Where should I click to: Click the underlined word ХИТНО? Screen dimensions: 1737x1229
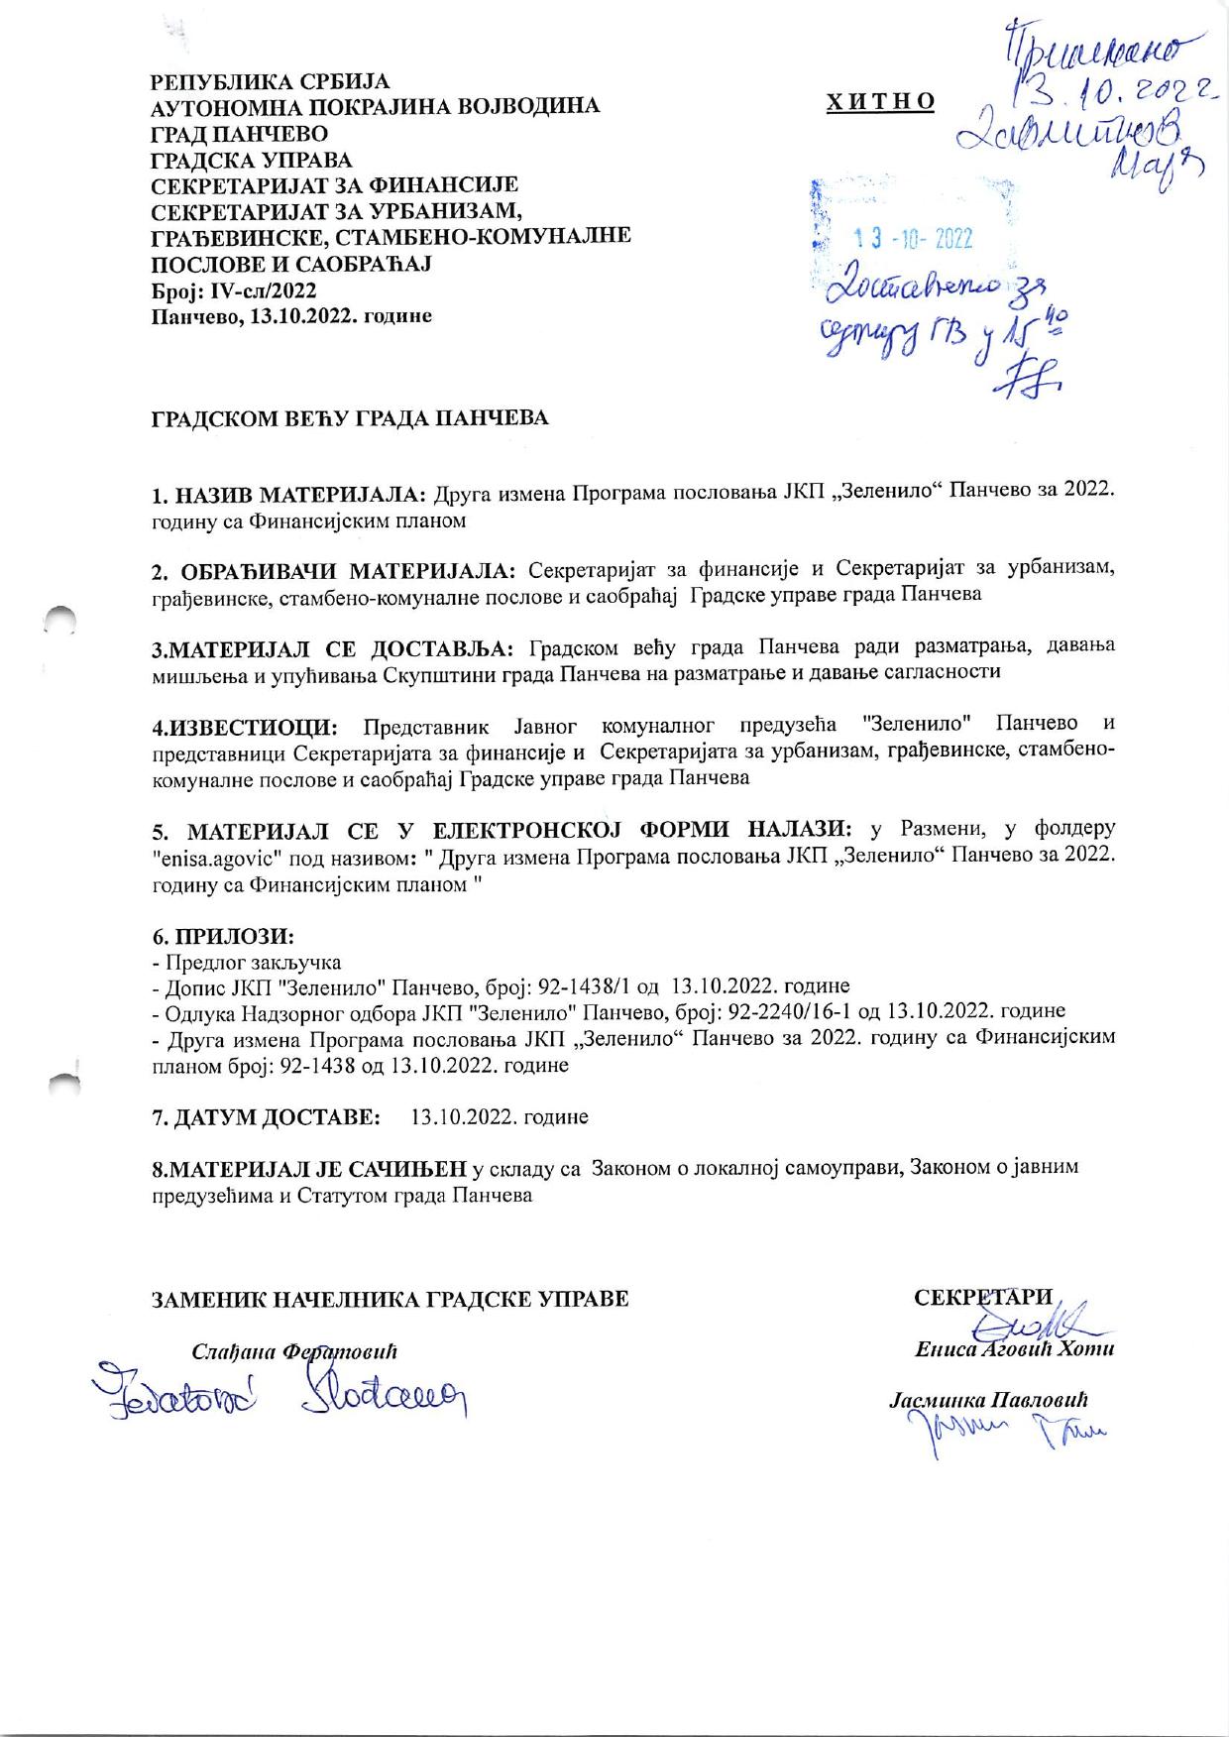point(880,102)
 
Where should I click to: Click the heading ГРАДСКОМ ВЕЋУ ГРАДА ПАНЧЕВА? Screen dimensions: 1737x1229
point(349,418)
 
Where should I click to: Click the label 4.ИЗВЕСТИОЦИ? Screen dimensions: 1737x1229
point(245,729)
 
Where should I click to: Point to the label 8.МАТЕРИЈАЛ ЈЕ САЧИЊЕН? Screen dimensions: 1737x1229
point(308,1169)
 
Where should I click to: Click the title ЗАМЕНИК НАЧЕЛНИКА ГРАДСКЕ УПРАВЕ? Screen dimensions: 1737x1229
point(390,1299)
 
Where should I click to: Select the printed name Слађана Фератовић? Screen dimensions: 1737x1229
point(294,1351)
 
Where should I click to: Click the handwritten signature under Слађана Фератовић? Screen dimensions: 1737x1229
point(278,1394)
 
